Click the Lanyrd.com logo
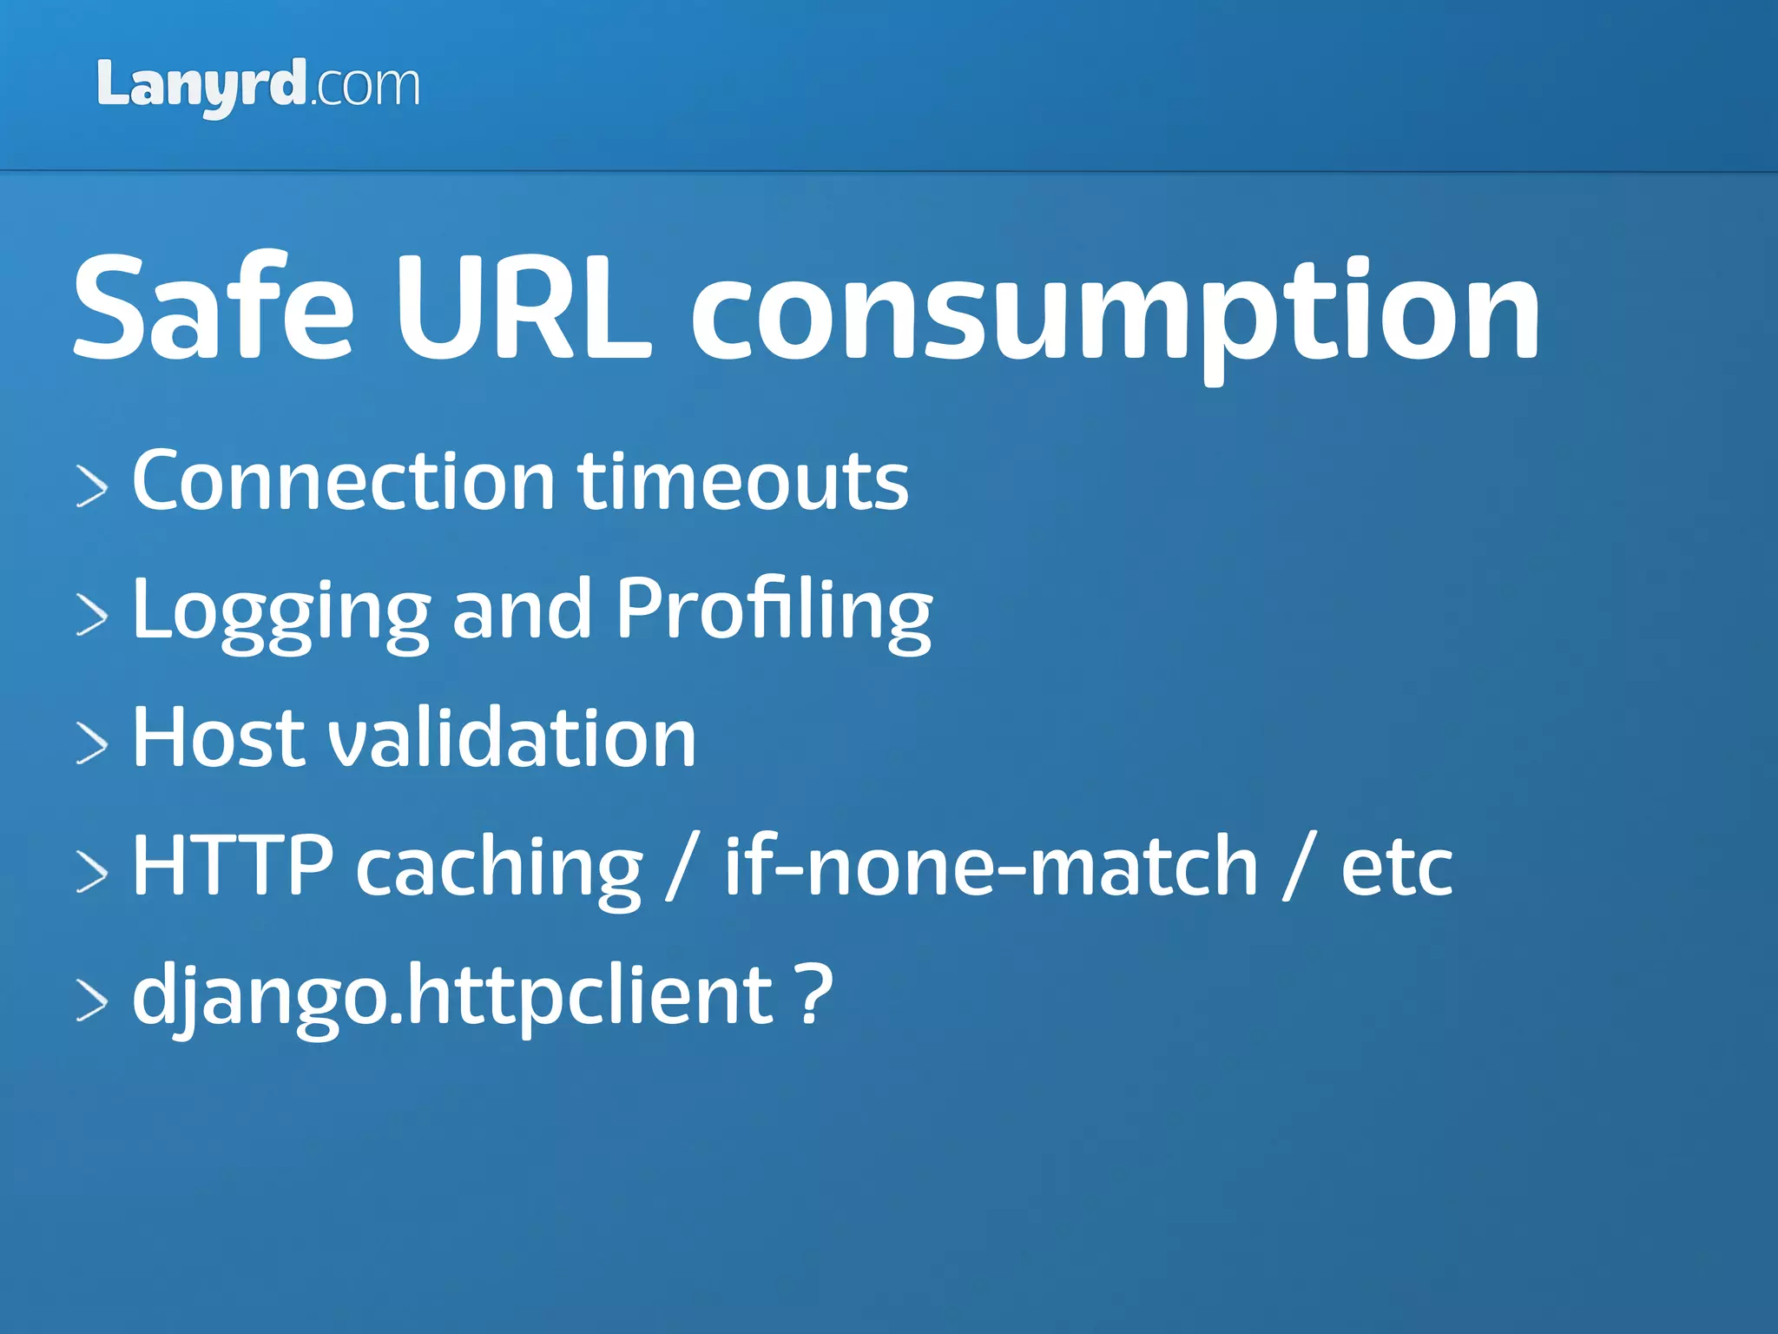click(258, 87)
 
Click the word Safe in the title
click(214, 308)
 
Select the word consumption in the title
click(1115, 313)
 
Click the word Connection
click(343, 481)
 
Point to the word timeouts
click(743, 481)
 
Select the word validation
click(511, 737)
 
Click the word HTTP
click(232, 865)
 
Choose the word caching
click(499, 868)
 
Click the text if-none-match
click(991, 865)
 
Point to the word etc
click(1396, 868)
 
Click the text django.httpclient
click(451, 995)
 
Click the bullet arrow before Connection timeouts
click(92, 485)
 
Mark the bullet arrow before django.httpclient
click(92, 1000)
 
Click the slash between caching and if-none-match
click(682, 865)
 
